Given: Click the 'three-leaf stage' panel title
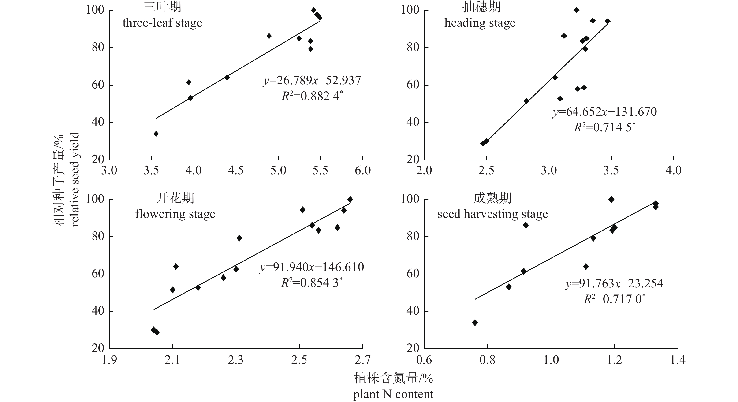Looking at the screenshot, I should [x=162, y=23].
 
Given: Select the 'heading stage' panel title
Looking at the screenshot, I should [x=480, y=23].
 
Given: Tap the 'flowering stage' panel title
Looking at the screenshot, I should [x=175, y=214].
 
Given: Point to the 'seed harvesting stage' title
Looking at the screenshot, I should [x=492, y=214].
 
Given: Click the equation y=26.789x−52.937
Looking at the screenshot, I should [x=312, y=81].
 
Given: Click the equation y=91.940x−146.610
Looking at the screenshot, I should [x=312, y=267].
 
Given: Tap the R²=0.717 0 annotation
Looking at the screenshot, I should [x=615, y=299].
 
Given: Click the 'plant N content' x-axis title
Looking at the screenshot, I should [x=393, y=394].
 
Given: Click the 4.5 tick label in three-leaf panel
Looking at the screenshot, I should [x=235, y=171].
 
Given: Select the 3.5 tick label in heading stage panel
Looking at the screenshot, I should [x=611, y=171].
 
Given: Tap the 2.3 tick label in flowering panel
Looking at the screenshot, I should [x=235, y=360].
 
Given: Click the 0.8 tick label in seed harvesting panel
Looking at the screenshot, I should [x=487, y=360].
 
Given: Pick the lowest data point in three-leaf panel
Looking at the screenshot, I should [x=156, y=134].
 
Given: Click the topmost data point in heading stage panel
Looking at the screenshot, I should [x=576, y=10].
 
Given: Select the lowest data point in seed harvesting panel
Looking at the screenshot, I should [x=475, y=323].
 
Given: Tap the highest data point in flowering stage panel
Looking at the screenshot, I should [x=350, y=199].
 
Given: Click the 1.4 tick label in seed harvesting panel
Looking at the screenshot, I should [x=678, y=360].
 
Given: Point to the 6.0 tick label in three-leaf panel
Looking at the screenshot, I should [x=362, y=171].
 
